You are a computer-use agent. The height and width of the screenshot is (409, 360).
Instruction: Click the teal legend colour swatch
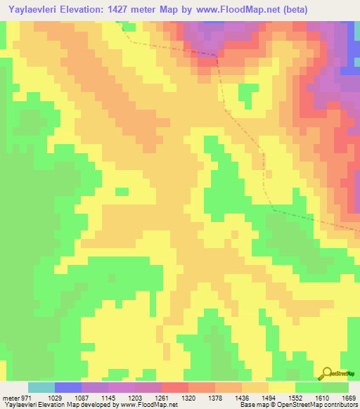[41, 387]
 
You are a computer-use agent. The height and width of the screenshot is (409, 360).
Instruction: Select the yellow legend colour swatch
[282, 387]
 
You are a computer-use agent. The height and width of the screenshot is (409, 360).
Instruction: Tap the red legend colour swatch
[175, 387]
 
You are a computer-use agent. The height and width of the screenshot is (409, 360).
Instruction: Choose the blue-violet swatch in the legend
[68, 387]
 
